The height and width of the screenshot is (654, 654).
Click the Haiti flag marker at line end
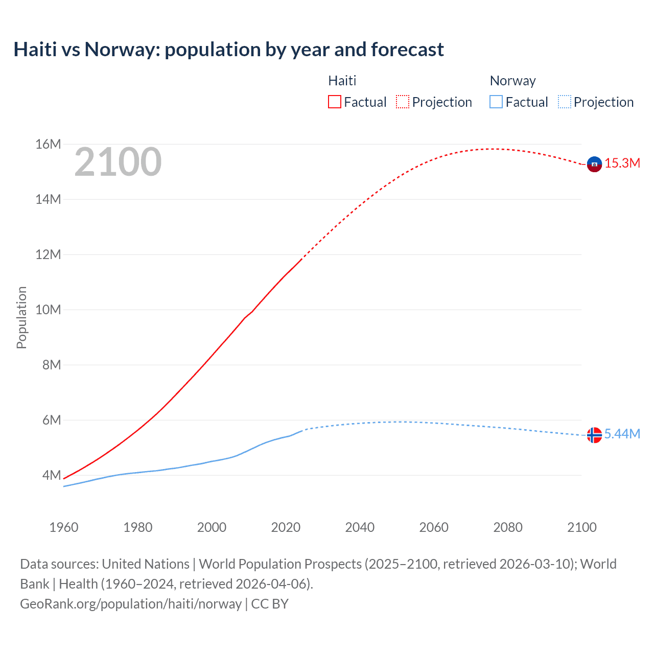tap(594, 164)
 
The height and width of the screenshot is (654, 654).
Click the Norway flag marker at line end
tap(594, 435)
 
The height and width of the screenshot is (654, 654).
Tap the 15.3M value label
tap(622, 163)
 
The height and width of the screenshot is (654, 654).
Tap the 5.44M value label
tap(622, 434)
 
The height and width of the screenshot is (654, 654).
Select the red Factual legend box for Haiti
tap(334, 102)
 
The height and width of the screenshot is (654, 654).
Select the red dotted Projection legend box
tap(403, 102)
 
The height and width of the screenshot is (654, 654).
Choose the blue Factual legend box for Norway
tap(496, 102)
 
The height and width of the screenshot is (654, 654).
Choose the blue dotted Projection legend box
tap(565, 102)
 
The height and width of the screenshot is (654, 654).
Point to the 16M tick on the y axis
tap(48, 145)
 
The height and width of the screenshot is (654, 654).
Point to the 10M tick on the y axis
tap(48, 310)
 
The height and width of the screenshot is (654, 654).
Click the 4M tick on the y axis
tap(51, 475)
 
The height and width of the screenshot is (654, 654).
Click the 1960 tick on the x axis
tap(64, 527)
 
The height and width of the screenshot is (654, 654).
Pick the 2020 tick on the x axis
tap(286, 527)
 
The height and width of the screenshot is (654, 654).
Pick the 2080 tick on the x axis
tap(507, 527)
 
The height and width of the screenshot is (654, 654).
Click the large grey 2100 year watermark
tap(118, 162)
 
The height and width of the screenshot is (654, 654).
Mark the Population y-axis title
tap(21, 317)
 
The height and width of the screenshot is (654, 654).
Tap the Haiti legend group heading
tap(342, 81)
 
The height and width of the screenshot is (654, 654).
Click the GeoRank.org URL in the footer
tap(131, 604)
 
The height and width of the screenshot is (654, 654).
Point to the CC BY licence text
tap(270, 604)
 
